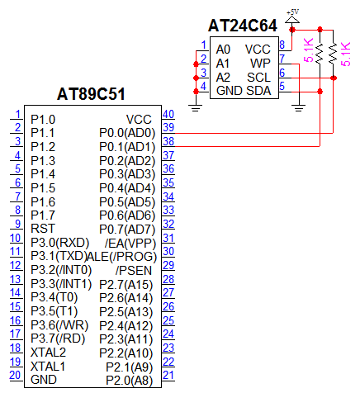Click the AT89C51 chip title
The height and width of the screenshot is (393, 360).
point(91,94)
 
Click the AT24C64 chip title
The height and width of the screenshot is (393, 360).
point(243,26)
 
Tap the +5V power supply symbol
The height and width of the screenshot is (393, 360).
point(292,17)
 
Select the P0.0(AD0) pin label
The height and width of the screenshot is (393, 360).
point(127,133)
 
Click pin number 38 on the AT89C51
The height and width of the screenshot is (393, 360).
point(168,141)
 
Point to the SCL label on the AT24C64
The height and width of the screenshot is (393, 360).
point(258,78)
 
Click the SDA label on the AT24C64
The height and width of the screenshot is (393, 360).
point(258,91)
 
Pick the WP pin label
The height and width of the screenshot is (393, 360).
point(260,64)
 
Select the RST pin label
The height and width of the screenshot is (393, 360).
point(43,229)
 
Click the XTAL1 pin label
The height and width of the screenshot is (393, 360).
point(48,367)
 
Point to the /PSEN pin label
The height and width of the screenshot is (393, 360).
point(134,271)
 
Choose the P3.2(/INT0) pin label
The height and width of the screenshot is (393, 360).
point(61,270)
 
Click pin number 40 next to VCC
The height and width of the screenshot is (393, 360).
point(168,114)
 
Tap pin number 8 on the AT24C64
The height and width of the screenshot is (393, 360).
point(282,45)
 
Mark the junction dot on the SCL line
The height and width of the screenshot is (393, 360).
point(334,78)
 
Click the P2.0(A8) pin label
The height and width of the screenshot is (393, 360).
point(130,381)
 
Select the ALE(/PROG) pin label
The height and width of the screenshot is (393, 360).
point(121,257)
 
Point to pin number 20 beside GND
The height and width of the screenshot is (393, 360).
point(16,375)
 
